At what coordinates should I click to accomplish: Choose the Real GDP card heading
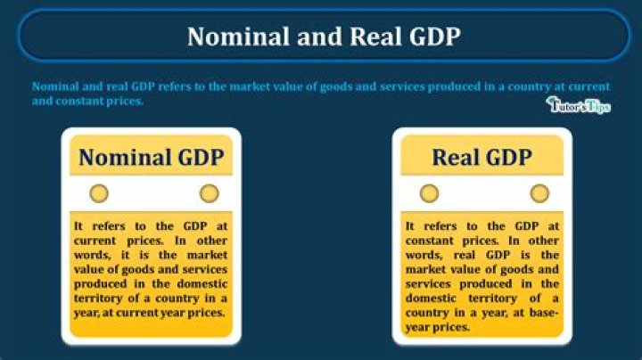coord(482,158)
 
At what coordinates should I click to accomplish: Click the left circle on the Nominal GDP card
coord(99,193)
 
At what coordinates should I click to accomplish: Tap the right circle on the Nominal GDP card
coord(209,193)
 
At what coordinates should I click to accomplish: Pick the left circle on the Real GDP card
coord(429,193)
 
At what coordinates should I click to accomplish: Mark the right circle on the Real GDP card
coord(539,193)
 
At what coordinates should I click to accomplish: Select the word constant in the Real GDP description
coord(432,241)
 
